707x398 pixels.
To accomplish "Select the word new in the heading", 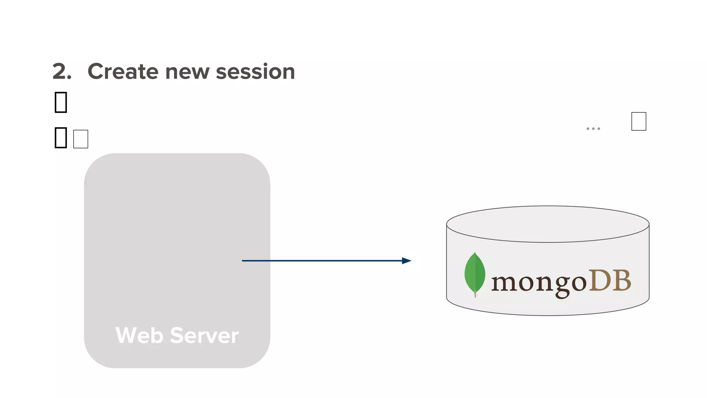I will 187,72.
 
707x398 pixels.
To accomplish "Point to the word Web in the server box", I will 139,335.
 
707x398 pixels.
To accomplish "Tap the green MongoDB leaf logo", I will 475,273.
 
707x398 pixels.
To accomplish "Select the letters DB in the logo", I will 610,281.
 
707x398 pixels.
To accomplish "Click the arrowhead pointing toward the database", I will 407,260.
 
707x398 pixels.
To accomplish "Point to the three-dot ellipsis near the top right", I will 593,129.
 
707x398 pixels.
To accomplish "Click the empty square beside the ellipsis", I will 639,121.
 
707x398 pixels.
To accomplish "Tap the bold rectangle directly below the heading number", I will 61,102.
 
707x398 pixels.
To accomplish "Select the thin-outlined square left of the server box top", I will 81,139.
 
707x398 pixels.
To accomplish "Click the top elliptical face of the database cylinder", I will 548,224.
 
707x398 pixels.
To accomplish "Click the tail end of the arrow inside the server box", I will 244,260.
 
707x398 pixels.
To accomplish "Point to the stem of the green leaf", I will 475,294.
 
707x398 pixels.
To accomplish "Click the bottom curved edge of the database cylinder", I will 548,315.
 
